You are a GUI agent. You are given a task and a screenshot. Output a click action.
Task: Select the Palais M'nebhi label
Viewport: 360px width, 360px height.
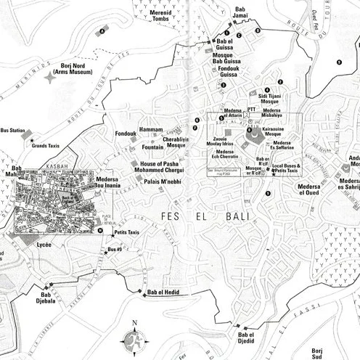click(x=163, y=181)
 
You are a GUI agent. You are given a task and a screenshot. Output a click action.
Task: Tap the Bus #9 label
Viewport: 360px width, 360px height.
click(x=115, y=250)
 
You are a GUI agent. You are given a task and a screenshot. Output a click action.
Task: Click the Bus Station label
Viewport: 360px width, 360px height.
click(x=12, y=130)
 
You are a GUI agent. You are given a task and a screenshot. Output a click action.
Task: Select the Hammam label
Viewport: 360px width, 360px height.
click(x=151, y=129)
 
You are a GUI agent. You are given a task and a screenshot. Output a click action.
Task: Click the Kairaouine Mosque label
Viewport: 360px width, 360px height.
click(x=274, y=131)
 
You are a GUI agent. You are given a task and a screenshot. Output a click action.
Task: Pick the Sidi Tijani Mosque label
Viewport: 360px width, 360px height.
click(x=275, y=98)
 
